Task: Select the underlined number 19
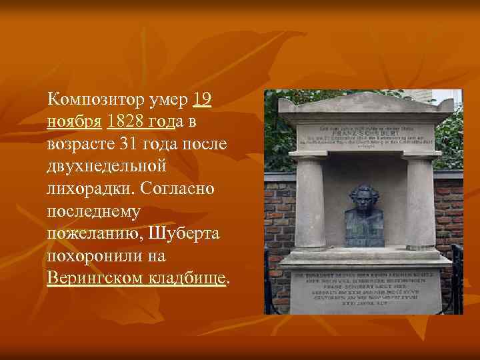coord(202,101)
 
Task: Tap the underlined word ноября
coord(75,123)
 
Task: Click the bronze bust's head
coord(363,200)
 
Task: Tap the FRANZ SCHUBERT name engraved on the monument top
coord(365,133)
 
